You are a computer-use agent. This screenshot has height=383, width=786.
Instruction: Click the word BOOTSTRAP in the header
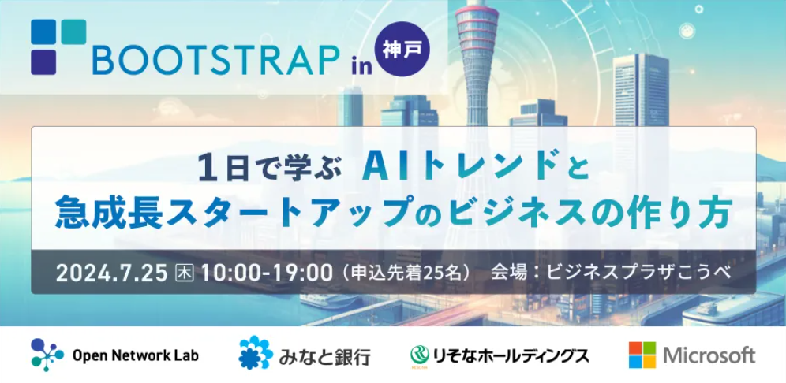[214, 61]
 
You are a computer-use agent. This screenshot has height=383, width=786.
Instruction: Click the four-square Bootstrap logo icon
[58, 47]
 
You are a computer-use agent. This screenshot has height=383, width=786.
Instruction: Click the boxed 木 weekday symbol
[183, 273]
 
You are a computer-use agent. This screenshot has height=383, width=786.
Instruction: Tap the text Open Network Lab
[136, 356]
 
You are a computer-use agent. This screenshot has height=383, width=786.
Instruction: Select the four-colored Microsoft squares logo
[642, 355]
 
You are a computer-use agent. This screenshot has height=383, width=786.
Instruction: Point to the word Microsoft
[709, 355]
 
